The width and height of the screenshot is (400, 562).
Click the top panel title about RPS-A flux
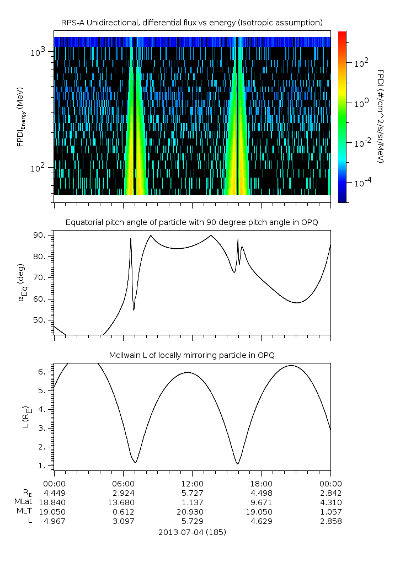click(x=191, y=22)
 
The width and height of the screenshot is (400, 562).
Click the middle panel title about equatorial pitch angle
click(x=191, y=222)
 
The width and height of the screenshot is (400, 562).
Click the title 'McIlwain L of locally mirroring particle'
click(x=191, y=355)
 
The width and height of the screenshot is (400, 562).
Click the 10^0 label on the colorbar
click(x=361, y=103)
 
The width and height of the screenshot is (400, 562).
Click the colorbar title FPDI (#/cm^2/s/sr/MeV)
click(x=381, y=116)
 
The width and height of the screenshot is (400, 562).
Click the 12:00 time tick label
click(x=191, y=484)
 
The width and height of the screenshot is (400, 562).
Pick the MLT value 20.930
click(x=191, y=512)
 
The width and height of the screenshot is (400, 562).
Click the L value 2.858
click(x=330, y=521)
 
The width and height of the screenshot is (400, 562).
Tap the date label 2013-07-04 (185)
click(x=191, y=532)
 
